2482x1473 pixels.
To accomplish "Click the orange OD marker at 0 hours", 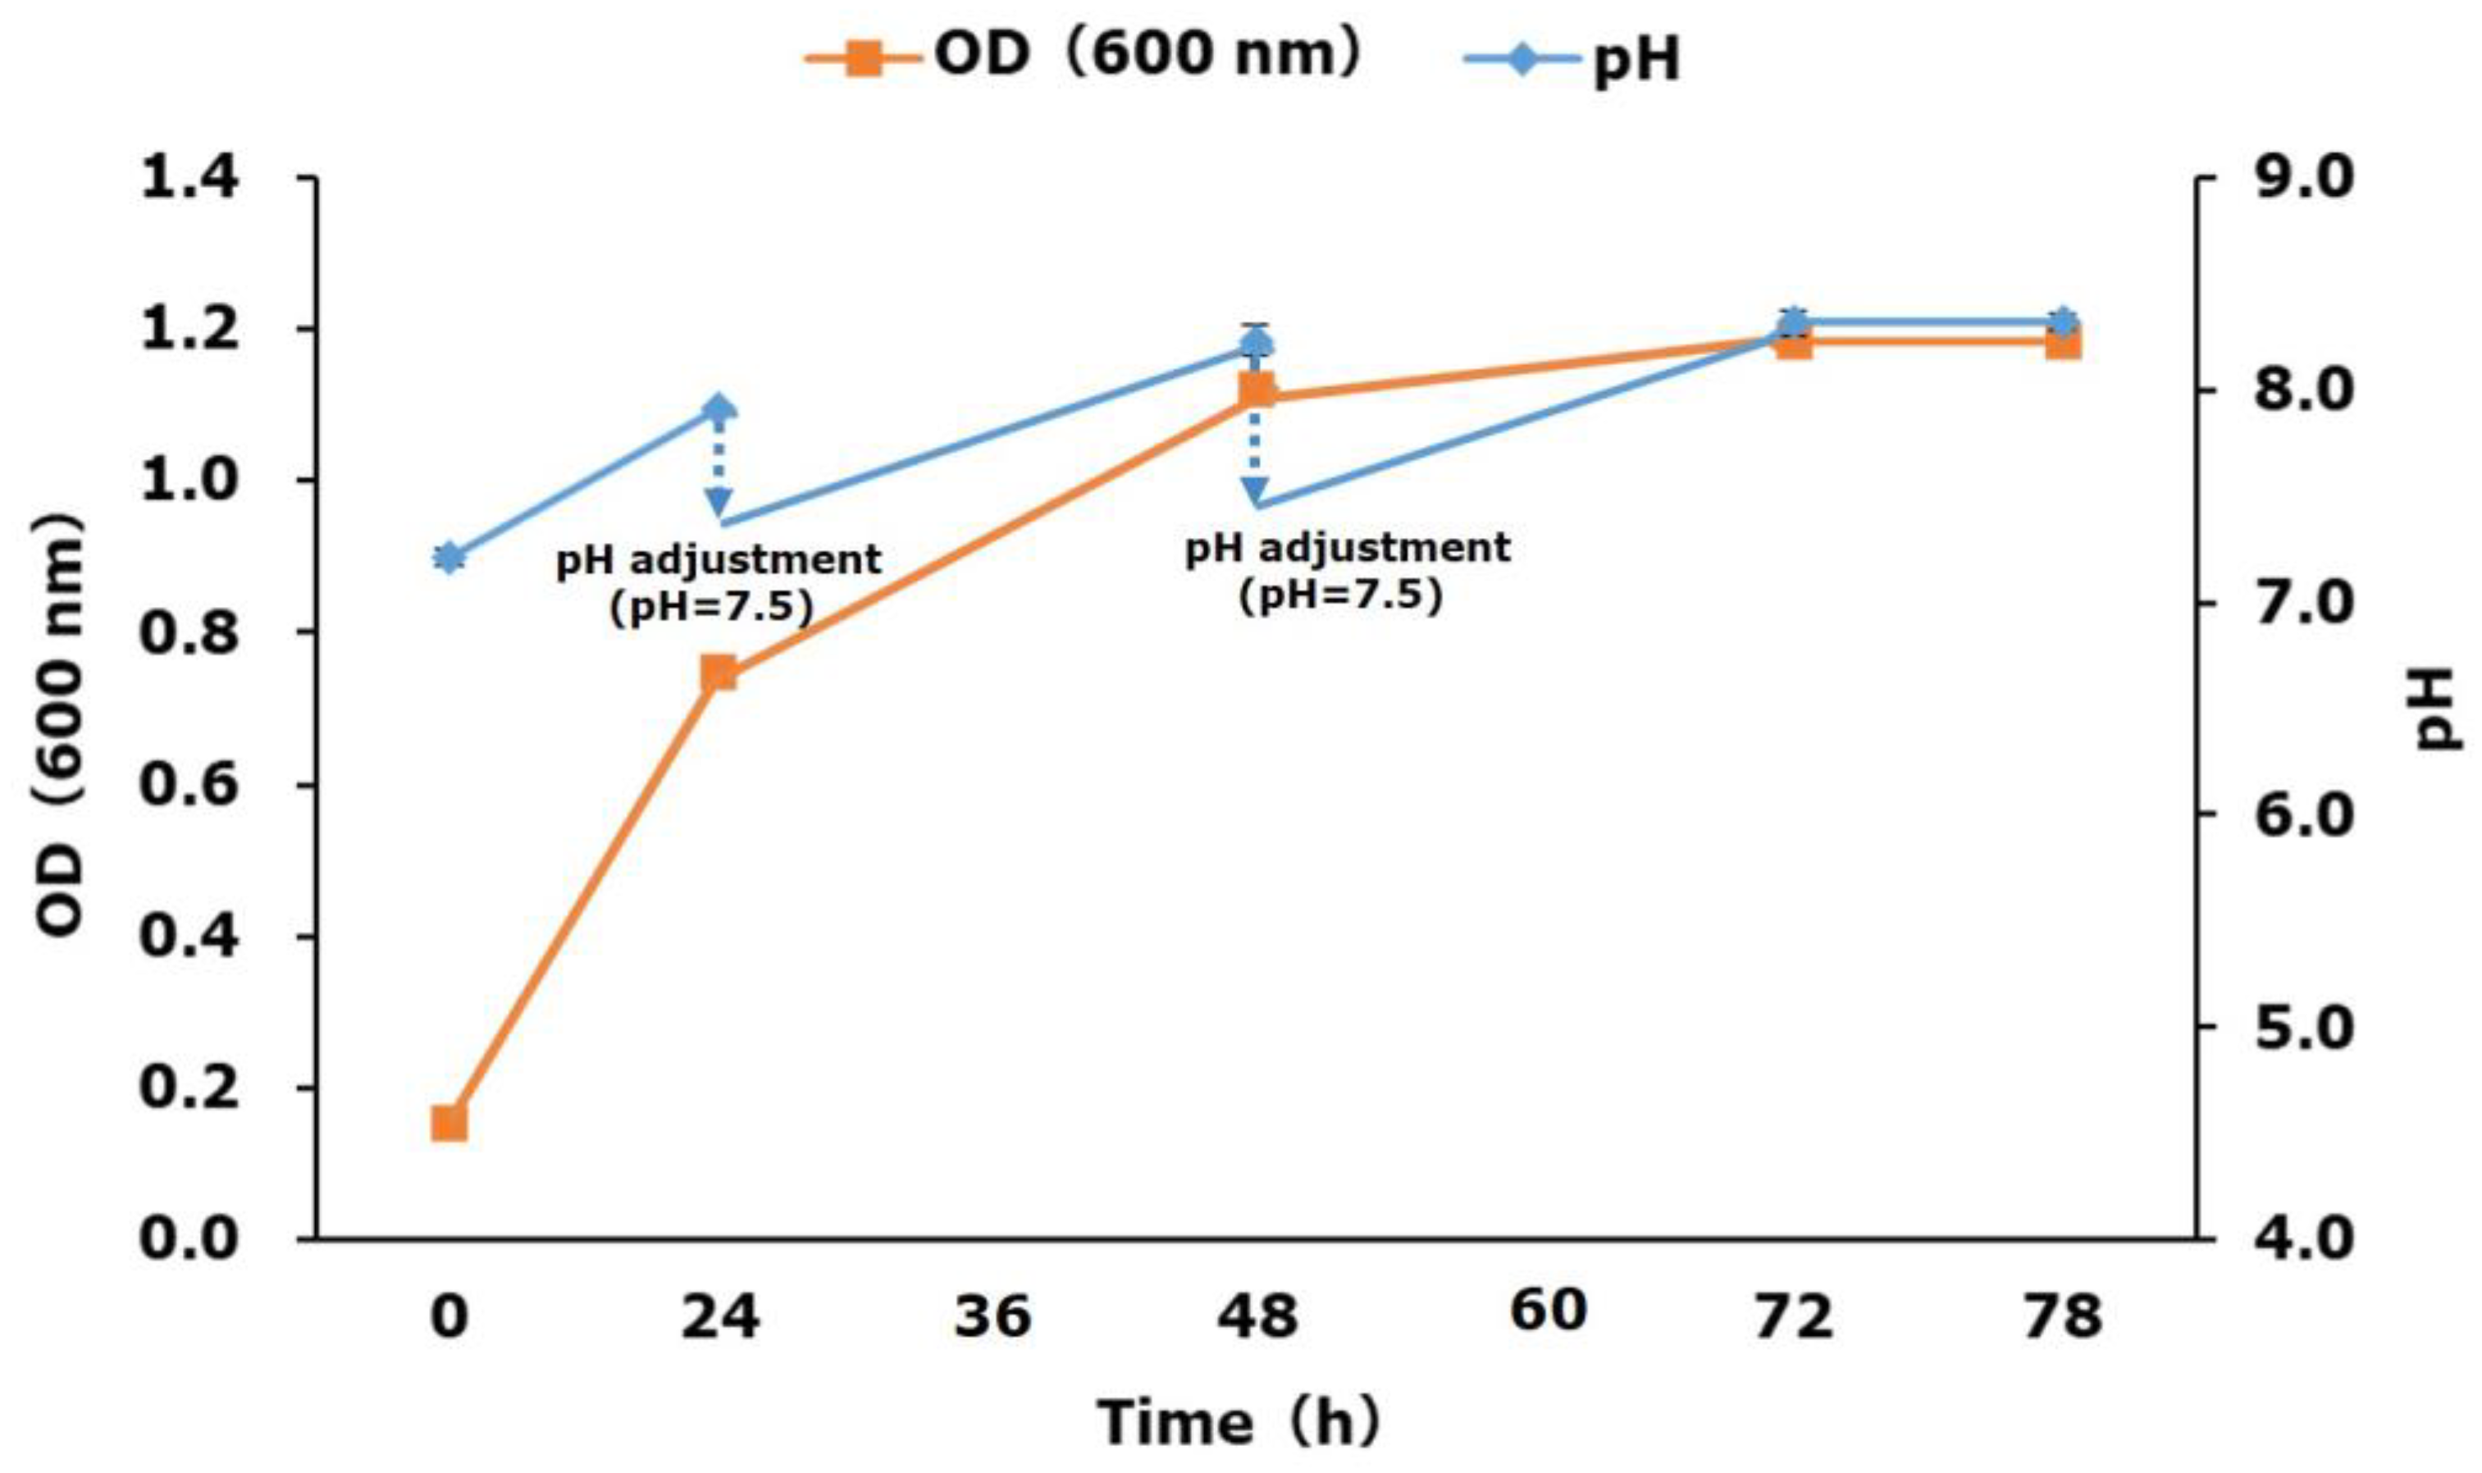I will click(x=449, y=1124).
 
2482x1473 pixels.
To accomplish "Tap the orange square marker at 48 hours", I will click(x=1257, y=392).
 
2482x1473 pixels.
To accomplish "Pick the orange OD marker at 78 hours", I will click(x=2062, y=344).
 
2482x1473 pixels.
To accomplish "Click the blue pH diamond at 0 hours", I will click(x=449, y=558).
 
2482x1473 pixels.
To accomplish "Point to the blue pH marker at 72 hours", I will click(x=1793, y=322).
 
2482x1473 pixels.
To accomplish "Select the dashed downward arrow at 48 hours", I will click(x=1256, y=452).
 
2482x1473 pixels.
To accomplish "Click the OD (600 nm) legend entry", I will click(x=1082, y=57).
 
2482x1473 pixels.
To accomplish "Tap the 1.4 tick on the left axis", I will click(x=189, y=180).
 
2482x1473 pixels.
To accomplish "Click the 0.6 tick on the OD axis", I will click(x=189, y=784).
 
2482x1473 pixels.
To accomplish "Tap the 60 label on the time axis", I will click(x=1548, y=1311).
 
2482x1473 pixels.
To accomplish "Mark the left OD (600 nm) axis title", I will click(x=60, y=724).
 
